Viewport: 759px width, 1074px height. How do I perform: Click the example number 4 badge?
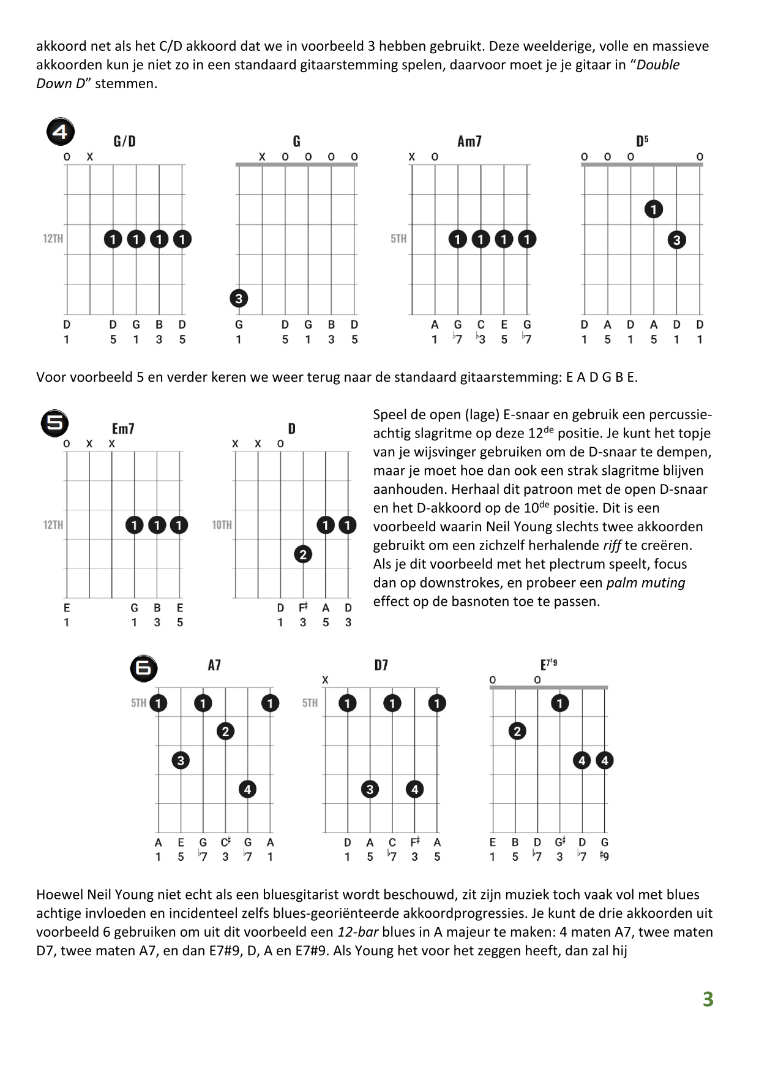pos(61,132)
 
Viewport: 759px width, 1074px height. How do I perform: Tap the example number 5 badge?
pos(54,423)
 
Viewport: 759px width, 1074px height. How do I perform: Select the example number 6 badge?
pos(144,668)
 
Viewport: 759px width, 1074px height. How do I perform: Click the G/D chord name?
pos(124,142)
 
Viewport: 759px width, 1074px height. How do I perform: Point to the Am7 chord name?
pos(469,142)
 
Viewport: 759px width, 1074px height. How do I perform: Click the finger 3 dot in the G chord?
pos(239,298)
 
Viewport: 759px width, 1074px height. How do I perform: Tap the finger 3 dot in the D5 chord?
pos(676,240)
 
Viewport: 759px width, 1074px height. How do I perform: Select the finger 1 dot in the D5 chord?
pos(654,210)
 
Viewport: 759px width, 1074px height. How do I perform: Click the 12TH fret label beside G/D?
pos(53,238)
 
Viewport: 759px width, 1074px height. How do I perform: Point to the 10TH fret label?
pos(222,524)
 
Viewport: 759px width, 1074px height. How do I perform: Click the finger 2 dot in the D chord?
pos(303,554)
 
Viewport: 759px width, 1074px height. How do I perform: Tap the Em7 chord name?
pos(123,428)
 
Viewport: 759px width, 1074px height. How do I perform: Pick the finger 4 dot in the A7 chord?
pos(247,789)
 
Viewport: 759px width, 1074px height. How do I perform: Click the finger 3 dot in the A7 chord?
pos(181,760)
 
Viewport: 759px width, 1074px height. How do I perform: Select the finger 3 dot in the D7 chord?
pos(370,789)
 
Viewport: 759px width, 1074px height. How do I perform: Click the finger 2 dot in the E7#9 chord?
pos(517,731)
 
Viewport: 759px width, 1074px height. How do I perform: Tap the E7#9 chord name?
pos(548,665)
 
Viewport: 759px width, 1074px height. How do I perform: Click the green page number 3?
pos(708,999)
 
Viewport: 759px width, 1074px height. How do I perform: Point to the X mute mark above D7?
pos(325,680)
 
